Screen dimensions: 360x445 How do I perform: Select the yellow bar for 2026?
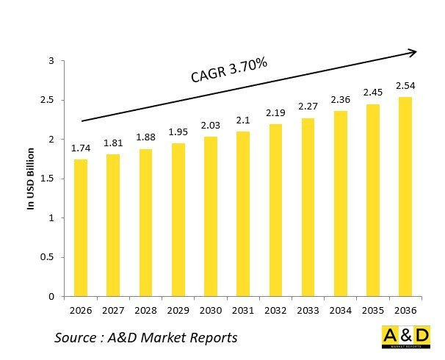point(80,228)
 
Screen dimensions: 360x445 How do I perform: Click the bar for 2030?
point(210,217)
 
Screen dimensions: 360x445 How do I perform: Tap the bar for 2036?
point(405,196)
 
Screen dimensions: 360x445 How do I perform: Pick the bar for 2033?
point(307,207)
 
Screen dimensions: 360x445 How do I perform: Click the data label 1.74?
point(80,148)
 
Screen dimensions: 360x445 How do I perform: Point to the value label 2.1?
point(242,120)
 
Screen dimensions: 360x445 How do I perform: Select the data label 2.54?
point(405,86)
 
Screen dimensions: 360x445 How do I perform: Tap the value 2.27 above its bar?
point(307,107)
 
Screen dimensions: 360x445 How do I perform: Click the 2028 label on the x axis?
point(145,311)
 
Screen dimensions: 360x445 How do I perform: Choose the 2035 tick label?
point(372,311)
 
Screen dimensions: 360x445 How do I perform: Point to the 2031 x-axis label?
point(242,311)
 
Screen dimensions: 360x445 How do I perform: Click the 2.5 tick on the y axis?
point(50,101)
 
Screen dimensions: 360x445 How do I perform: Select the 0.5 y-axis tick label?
point(50,258)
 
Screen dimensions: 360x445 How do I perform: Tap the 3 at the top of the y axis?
point(52,61)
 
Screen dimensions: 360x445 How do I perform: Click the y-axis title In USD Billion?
point(32,179)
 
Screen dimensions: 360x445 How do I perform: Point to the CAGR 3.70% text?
point(228,71)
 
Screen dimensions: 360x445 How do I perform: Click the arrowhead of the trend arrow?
point(413,52)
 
